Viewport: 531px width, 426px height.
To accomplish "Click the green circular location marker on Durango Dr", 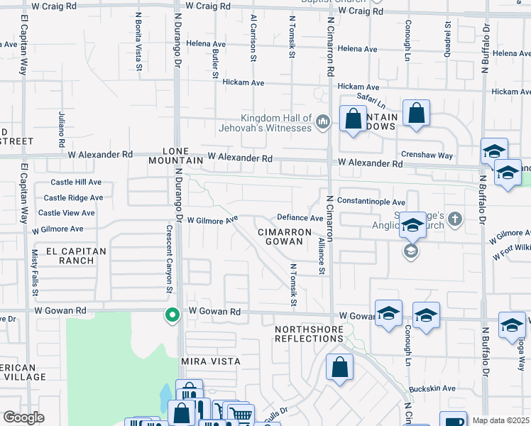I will (171, 315).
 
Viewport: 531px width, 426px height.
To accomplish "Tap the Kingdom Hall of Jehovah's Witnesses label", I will (277, 123).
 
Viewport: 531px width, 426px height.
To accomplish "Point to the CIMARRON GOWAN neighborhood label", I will (285, 236).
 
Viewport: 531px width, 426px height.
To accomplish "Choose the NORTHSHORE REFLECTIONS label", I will (310, 334).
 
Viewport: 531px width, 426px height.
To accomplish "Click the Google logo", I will (23, 417).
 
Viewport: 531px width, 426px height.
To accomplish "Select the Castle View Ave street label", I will (66, 213).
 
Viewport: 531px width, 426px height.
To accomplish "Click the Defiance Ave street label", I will (300, 218).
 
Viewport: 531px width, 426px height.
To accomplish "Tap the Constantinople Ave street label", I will (371, 202).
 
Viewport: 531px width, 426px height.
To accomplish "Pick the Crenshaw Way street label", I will (426, 155).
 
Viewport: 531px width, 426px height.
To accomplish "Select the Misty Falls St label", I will (33, 273).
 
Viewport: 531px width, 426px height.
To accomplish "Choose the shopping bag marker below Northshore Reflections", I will (340, 368).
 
